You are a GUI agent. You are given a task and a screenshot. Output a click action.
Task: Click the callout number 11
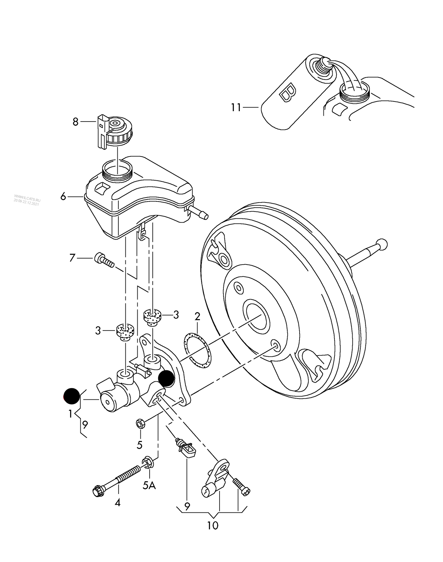coord(236,107)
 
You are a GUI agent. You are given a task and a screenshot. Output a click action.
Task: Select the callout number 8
coord(75,122)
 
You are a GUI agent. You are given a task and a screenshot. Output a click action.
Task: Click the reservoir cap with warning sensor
coord(116,132)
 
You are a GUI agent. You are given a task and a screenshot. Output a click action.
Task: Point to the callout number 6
coord(63,196)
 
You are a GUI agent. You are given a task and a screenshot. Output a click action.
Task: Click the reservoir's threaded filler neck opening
coord(117,169)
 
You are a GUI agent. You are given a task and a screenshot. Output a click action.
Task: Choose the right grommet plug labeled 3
coord(152,316)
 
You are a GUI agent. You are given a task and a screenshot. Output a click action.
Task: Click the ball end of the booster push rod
coord(382,244)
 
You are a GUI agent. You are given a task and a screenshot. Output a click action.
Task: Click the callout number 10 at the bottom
coord(212,526)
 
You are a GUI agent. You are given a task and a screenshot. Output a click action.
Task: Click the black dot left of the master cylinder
coord(71,396)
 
